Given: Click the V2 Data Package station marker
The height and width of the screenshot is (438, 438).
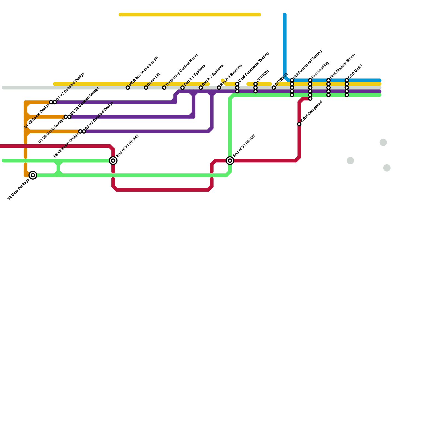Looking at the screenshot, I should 33,175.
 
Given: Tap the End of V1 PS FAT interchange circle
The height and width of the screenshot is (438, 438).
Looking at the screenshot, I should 113,161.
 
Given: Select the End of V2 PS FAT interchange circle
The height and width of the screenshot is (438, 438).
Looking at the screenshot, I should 230,161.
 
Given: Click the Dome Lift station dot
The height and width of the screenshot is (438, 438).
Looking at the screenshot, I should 146,88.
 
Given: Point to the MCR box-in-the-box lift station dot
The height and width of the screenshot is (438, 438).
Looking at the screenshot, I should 128,88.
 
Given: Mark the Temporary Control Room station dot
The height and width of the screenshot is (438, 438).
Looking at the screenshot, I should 164,88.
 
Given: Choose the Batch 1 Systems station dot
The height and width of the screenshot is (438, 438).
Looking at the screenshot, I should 182,88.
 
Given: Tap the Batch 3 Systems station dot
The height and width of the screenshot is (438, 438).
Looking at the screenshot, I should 219,88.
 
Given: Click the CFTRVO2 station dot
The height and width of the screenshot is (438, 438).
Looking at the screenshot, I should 274,88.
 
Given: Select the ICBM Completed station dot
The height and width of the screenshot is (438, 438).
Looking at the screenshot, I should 299,124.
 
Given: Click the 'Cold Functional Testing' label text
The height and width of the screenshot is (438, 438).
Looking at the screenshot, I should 254,67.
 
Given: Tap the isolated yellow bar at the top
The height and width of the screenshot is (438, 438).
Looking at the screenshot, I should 190,15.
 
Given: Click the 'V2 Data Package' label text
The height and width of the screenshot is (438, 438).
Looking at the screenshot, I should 18,189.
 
